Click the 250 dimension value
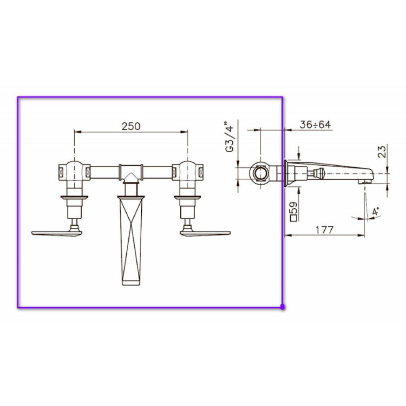tap(131, 126)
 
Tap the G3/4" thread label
tap(230, 136)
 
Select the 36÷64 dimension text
tap(315, 125)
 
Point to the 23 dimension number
tap(382, 152)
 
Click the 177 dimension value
tap(325, 230)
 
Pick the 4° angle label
tap(376, 212)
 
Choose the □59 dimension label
tap(294, 212)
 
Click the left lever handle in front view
tap(57, 232)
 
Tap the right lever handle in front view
tap(205, 232)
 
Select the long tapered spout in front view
tap(131, 241)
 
